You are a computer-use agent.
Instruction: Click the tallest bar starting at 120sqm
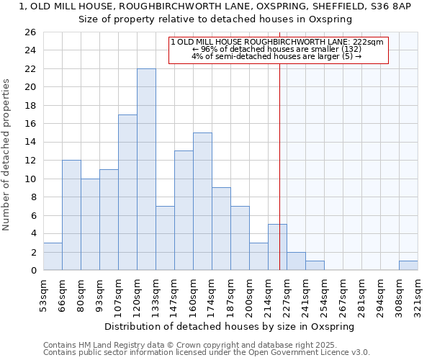[146, 169]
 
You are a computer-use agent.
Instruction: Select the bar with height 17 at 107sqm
[127, 192]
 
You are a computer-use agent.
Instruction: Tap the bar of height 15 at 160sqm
[202, 202]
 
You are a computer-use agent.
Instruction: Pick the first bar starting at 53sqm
[53, 256]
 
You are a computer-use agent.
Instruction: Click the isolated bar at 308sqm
[408, 266]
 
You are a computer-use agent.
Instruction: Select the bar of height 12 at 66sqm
[71, 215]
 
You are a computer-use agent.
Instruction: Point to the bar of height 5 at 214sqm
[277, 247]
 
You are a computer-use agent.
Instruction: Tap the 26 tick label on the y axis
[30, 32]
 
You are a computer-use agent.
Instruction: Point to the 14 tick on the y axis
[30, 143]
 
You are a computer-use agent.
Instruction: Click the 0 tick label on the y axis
[32, 271]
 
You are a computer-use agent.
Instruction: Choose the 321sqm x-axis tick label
[418, 294]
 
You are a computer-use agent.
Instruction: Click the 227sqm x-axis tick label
[287, 294]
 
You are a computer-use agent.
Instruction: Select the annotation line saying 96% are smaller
[277, 49]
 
